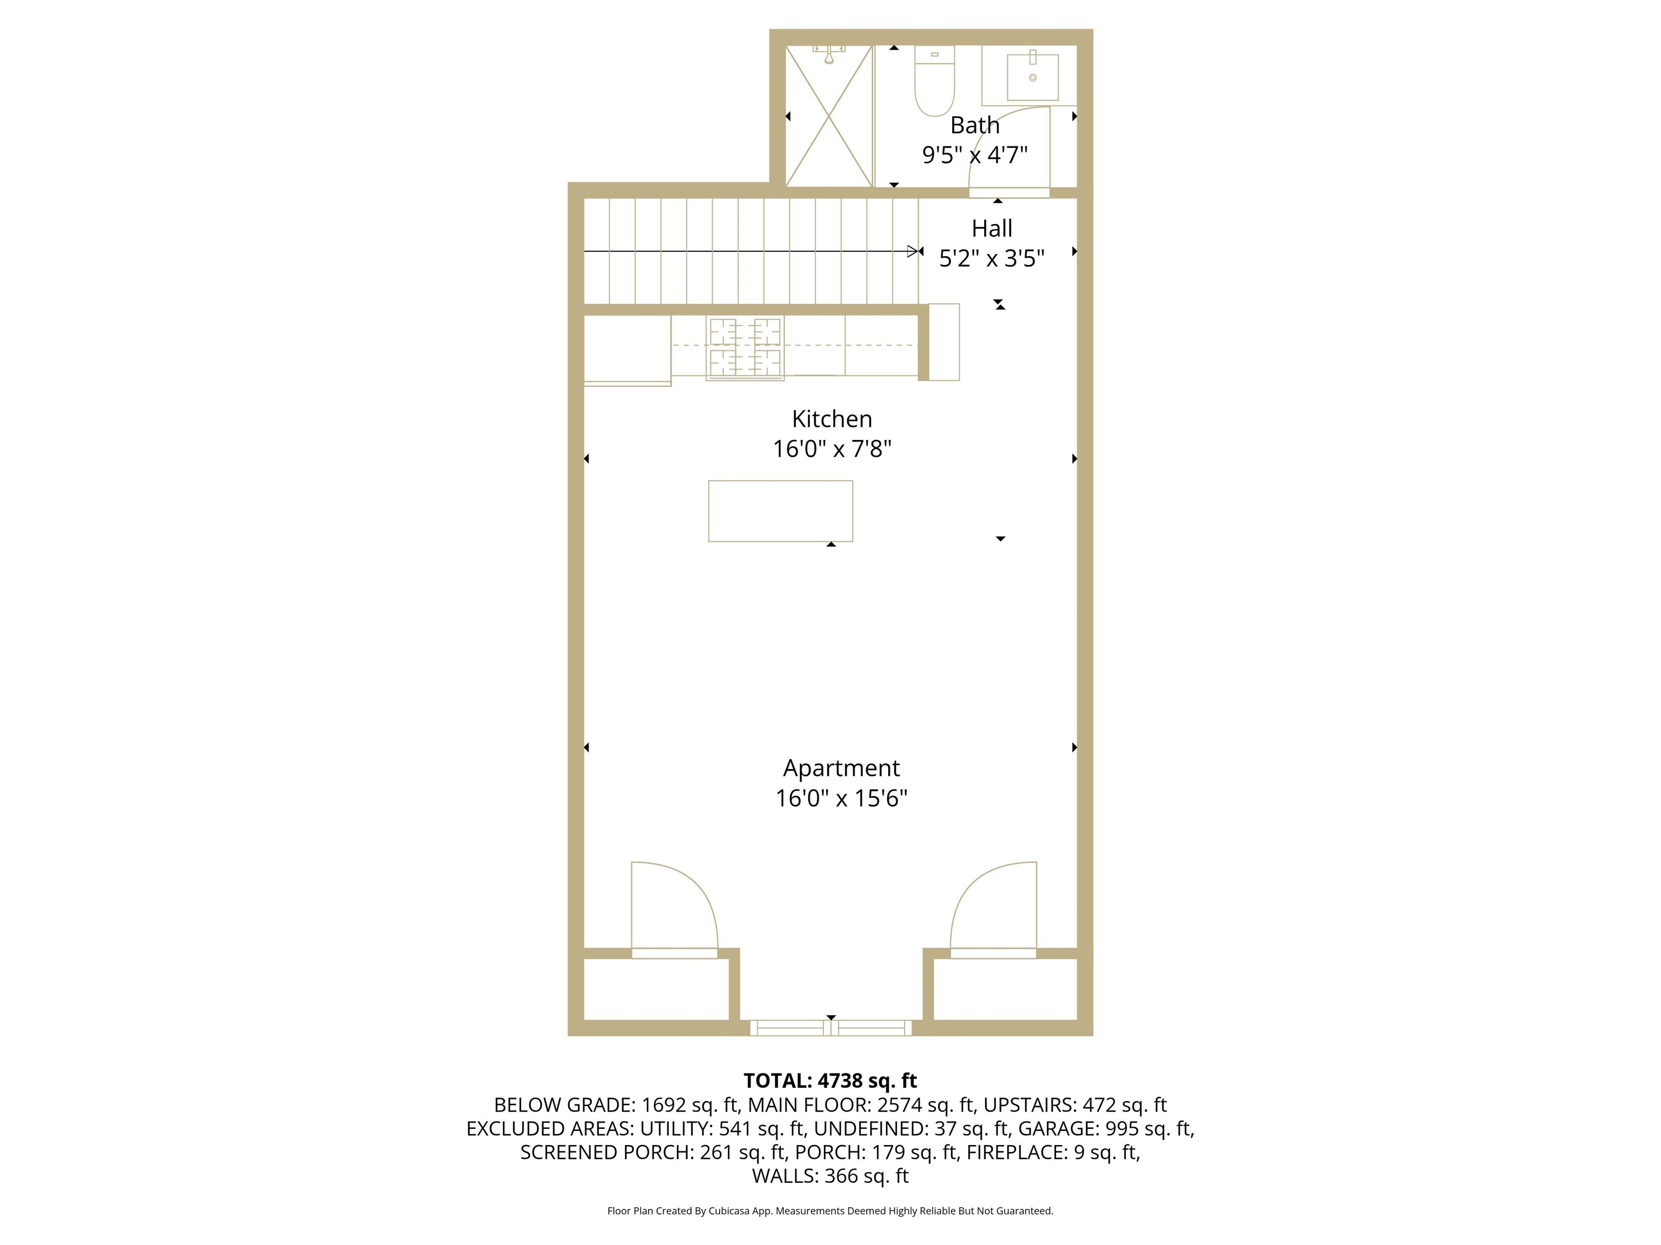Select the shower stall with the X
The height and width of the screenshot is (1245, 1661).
829,116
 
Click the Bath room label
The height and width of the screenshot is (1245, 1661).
975,125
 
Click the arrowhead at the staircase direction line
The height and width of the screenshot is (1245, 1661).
913,251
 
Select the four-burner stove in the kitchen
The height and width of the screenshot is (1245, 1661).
745,347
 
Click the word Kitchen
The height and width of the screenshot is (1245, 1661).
832,419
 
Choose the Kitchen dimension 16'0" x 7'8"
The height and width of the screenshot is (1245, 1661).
832,449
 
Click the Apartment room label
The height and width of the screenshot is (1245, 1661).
841,768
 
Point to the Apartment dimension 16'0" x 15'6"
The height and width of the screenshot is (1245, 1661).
841,798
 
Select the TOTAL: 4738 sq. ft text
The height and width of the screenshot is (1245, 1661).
830,1081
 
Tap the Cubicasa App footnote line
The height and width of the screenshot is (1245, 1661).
830,1210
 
